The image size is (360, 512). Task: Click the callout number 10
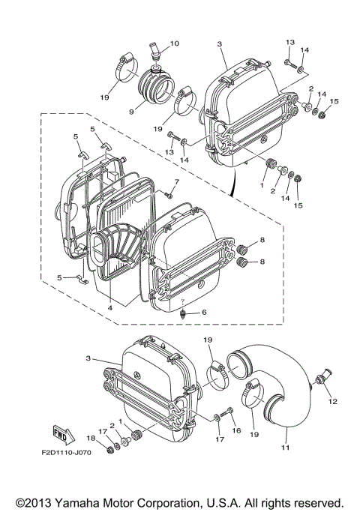[174, 44]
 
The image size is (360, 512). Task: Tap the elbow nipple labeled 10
[155, 53]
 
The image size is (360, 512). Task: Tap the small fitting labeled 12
[322, 376]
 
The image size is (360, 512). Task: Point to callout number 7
[177, 181]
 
